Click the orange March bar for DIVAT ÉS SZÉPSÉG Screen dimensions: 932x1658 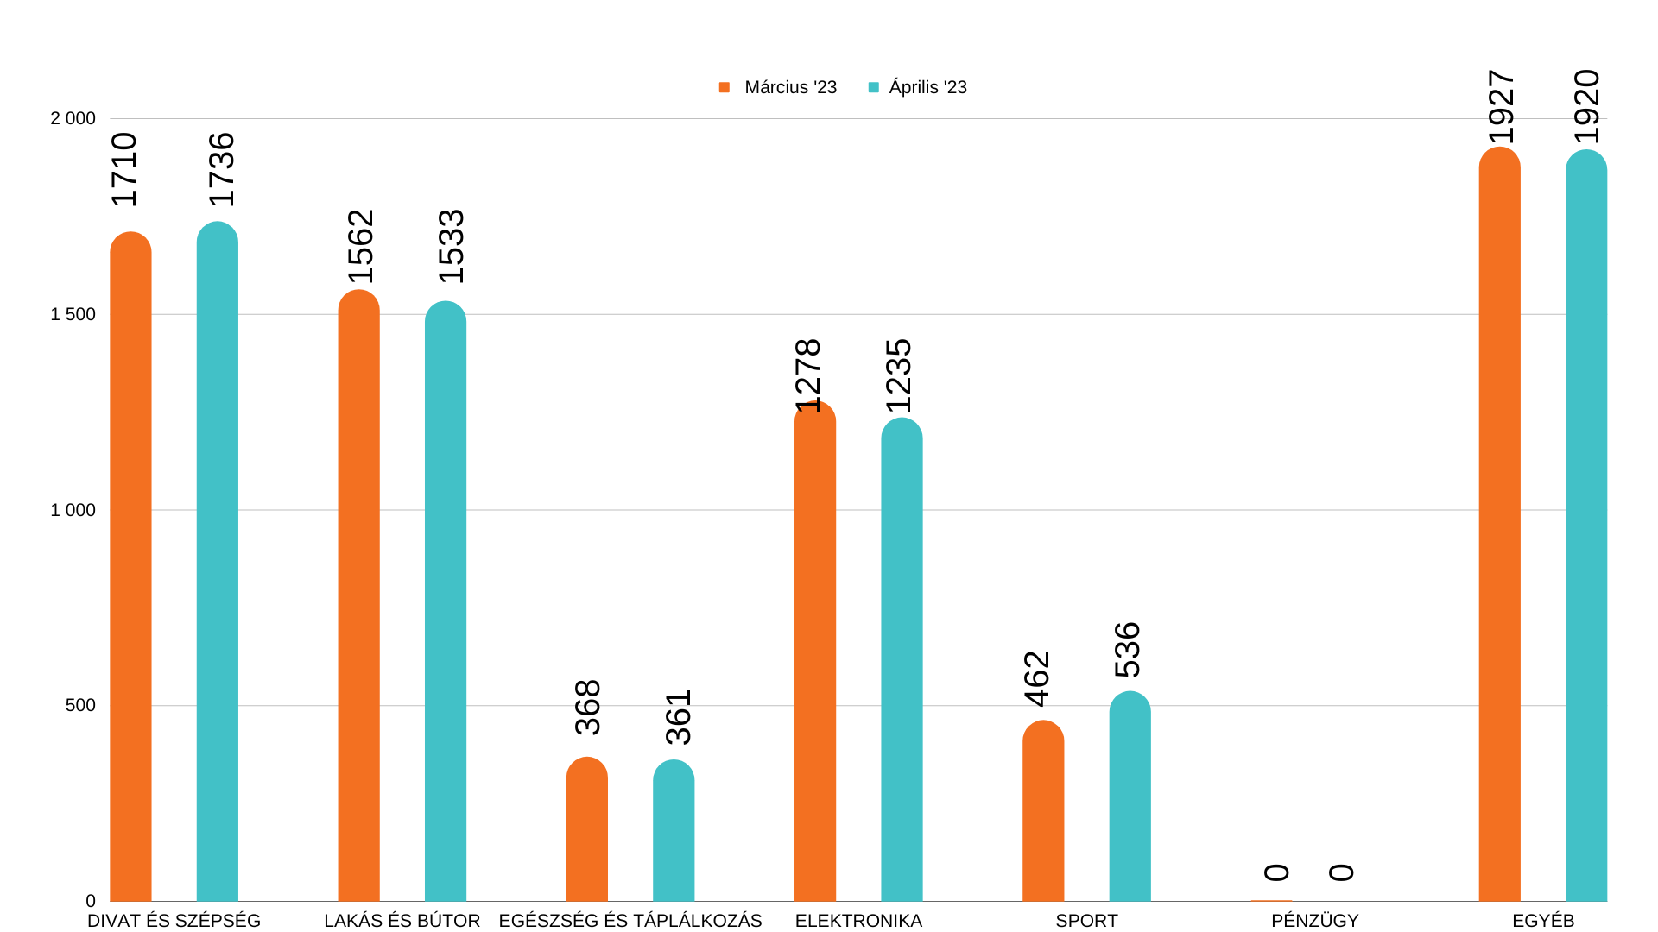click(x=130, y=570)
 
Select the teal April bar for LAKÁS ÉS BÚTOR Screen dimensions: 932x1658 click(x=445, y=604)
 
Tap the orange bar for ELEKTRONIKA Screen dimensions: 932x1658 click(x=814, y=656)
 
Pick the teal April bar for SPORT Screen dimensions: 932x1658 click(x=1130, y=798)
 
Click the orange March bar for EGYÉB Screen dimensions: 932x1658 click(x=1499, y=526)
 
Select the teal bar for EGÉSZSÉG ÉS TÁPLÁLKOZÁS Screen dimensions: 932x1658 click(x=674, y=833)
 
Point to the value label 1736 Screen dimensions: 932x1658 click(x=222, y=170)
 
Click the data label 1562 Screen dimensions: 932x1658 click(x=360, y=247)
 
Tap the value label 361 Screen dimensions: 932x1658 click(x=679, y=717)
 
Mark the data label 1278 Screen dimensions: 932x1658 click(x=807, y=376)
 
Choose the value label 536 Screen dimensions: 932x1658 click(x=1128, y=650)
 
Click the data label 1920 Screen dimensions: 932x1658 click(x=1587, y=107)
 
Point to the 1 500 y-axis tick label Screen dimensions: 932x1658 click(x=73, y=314)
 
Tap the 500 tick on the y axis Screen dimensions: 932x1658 click(x=80, y=705)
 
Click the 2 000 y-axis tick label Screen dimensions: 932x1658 click(x=73, y=118)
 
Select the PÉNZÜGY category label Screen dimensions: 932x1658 click(x=1314, y=921)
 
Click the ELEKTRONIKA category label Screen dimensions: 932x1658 click(x=858, y=921)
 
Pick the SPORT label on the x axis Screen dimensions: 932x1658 click(x=1086, y=921)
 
